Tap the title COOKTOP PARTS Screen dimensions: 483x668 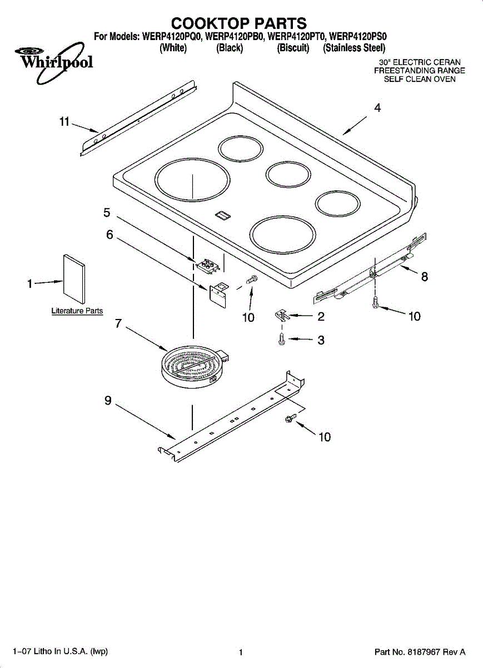pyautogui.click(x=239, y=23)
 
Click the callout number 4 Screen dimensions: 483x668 pyautogui.click(x=377, y=109)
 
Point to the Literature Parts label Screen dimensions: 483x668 pyautogui.click(x=77, y=311)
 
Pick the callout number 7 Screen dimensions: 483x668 pyautogui.click(x=118, y=323)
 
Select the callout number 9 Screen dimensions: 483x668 pyautogui.click(x=108, y=400)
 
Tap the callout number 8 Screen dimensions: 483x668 pyautogui.click(x=425, y=277)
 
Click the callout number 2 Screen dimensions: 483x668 pyautogui.click(x=321, y=317)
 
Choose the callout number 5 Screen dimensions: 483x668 pyautogui.click(x=107, y=212)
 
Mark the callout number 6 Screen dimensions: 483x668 pyautogui.click(x=110, y=235)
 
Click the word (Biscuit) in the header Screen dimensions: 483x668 pyautogui.click(x=293, y=48)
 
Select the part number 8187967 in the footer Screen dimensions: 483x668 pyautogui.click(x=424, y=652)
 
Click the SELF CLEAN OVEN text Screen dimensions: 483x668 pyautogui.click(x=420, y=79)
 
